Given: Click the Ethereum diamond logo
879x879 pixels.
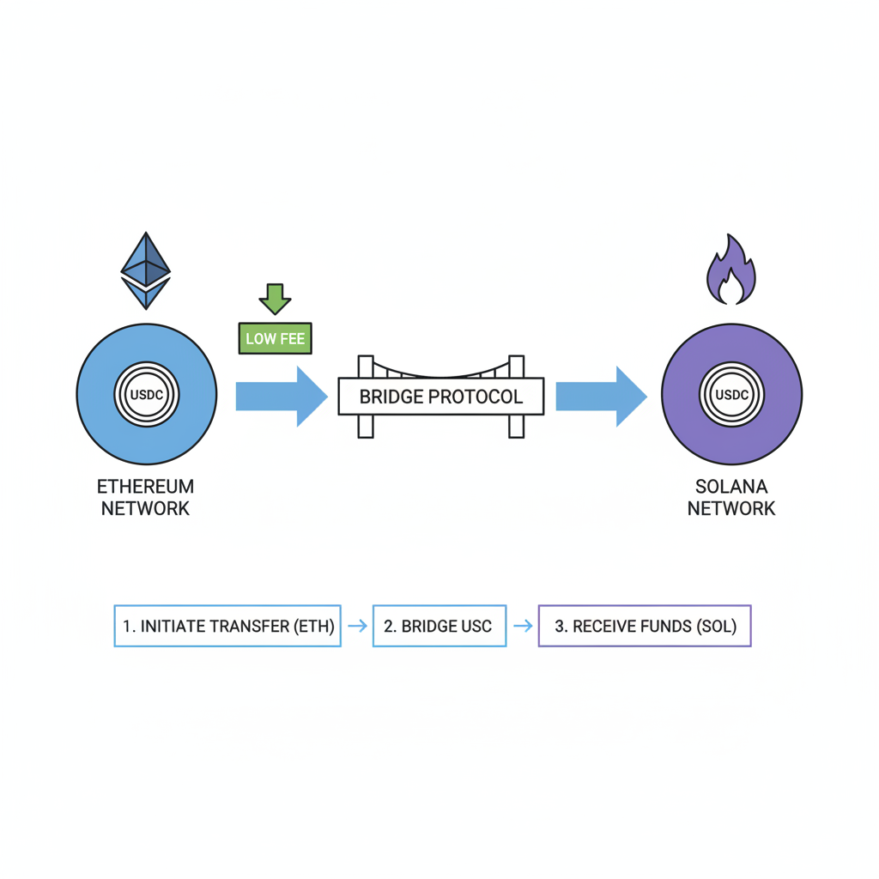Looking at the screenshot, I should [x=146, y=270].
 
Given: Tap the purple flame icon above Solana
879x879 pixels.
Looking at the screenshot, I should [x=730, y=271].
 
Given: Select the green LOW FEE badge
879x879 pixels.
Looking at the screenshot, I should [x=275, y=338].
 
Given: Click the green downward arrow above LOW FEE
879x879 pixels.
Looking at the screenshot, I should [x=275, y=299].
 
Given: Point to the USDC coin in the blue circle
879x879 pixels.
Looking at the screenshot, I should [x=146, y=395].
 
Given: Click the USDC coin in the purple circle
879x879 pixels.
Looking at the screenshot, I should [x=731, y=395].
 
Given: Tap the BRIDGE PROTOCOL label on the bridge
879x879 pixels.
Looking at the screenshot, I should [x=440, y=397].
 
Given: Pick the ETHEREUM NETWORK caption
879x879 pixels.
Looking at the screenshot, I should [x=146, y=497].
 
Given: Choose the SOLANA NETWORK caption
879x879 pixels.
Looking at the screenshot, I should [x=731, y=497].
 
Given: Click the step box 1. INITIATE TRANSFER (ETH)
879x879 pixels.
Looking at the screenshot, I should [x=227, y=626].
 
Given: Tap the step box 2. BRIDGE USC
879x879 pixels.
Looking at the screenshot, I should [x=439, y=626].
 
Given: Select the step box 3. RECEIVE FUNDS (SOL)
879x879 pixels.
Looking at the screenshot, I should [x=645, y=626].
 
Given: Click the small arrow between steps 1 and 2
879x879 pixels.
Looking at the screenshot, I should [x=357, y=626].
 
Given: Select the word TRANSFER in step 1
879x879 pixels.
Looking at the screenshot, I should [x=248, y=626].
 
